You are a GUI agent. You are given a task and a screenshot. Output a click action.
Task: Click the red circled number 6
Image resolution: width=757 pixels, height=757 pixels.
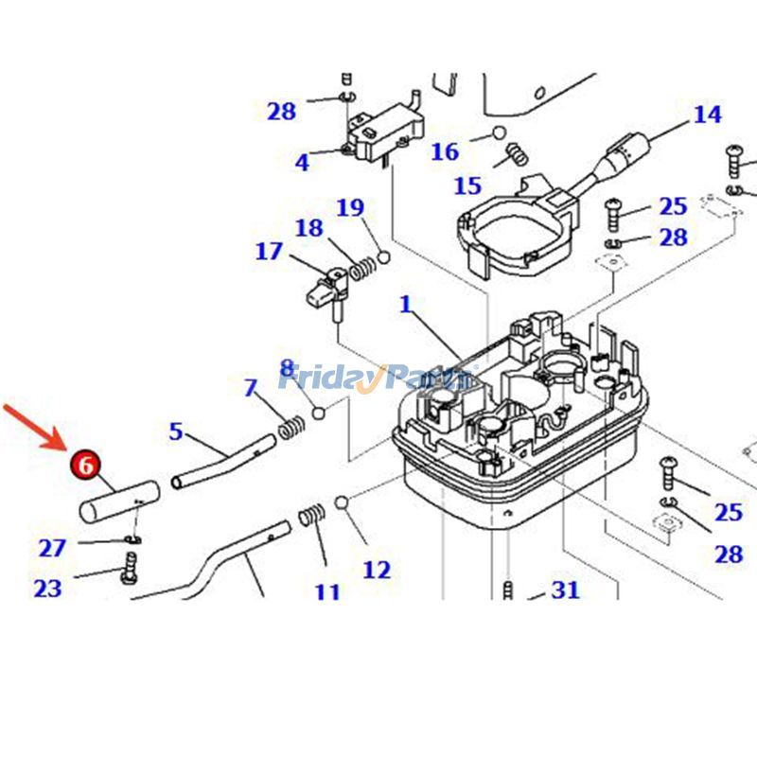(84, 465)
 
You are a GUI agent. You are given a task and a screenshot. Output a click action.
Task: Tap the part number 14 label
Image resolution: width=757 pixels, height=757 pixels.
(707, 114)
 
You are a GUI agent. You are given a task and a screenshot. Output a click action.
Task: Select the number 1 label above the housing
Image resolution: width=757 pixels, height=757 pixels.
(406, 305)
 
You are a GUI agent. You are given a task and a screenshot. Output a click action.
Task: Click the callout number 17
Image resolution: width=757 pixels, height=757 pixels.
(269, 252)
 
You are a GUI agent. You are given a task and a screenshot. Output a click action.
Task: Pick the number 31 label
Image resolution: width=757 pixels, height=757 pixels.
(565, 590)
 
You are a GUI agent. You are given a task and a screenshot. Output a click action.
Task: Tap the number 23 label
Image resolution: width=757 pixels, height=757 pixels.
(47, 589)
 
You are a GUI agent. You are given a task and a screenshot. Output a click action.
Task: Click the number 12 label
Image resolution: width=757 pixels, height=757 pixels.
(376, 570)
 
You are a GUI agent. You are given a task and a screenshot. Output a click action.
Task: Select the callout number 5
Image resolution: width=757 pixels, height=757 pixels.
(176, 431)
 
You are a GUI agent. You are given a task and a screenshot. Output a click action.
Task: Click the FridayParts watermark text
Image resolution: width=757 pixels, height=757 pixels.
(374, 379)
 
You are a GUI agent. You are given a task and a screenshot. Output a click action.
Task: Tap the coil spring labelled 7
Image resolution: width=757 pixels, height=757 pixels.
(291, 430)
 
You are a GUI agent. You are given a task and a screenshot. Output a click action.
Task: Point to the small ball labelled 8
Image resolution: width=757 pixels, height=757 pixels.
(319, 413)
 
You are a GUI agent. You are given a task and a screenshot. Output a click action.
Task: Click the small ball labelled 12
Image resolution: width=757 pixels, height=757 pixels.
(343, 502)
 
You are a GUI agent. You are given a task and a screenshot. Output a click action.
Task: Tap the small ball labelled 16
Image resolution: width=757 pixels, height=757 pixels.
(500, 132)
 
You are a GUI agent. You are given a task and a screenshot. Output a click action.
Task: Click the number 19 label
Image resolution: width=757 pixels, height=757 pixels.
(350, 207)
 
